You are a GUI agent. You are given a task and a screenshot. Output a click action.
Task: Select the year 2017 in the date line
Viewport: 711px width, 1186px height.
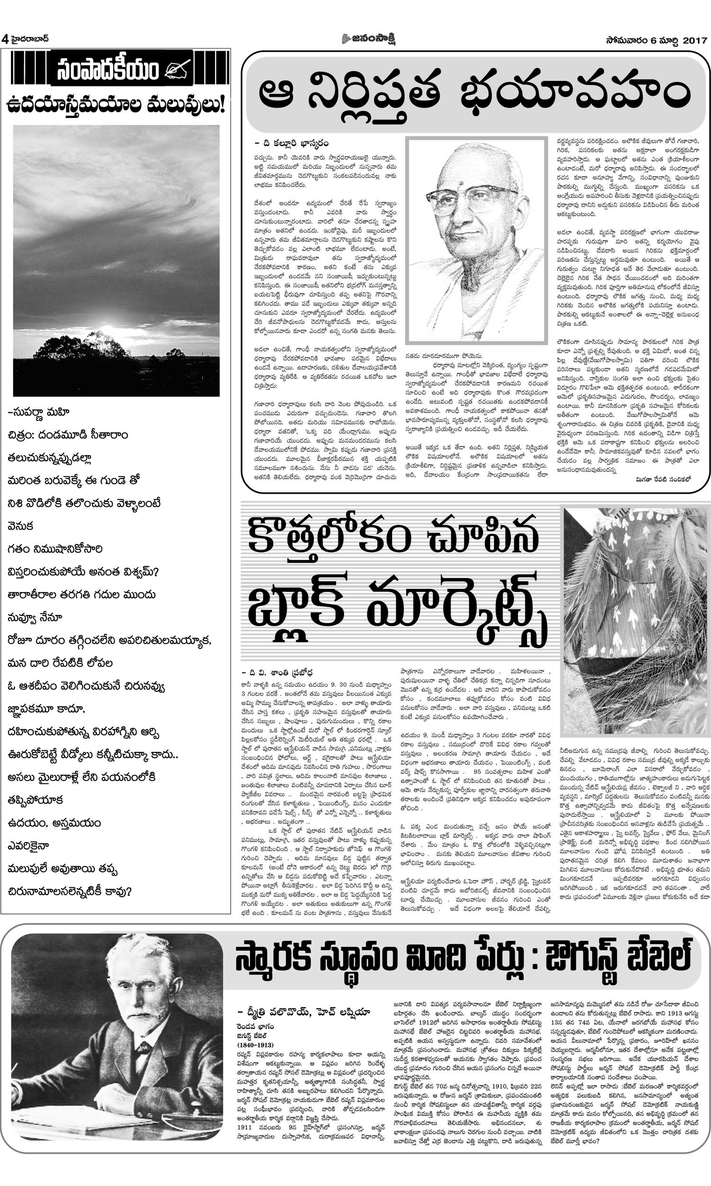[695, 41]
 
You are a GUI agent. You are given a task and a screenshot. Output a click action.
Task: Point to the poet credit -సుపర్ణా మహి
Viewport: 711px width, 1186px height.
[39, 412]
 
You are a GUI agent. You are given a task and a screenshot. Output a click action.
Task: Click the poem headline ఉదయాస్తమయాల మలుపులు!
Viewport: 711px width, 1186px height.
[116, 105]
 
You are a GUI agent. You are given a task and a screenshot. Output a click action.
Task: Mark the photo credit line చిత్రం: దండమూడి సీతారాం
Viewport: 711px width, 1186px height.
[68, 435]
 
